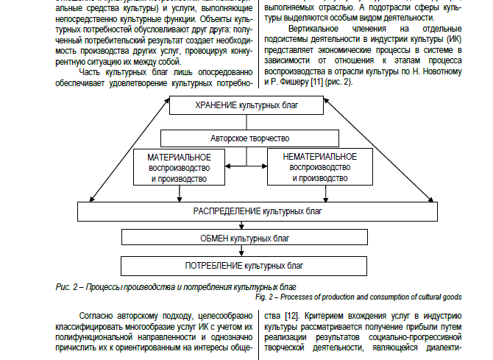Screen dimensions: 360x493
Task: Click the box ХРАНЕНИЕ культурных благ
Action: click(x=246, y=105)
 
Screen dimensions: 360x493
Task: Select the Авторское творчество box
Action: click(x=246, y=138)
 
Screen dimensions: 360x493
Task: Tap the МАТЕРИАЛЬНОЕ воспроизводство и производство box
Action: click(x=179, y=168)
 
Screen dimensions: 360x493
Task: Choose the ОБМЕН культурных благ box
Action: click(x=246, y=238)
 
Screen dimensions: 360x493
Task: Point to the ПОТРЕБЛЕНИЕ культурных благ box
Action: click(x=246, y=264)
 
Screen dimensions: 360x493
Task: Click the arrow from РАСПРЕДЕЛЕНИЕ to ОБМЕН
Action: click(x=246, y=224)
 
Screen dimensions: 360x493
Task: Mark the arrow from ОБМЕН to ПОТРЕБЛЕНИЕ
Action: click(x=246, y=251)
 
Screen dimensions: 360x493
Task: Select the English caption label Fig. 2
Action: click(x=266, y=297)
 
